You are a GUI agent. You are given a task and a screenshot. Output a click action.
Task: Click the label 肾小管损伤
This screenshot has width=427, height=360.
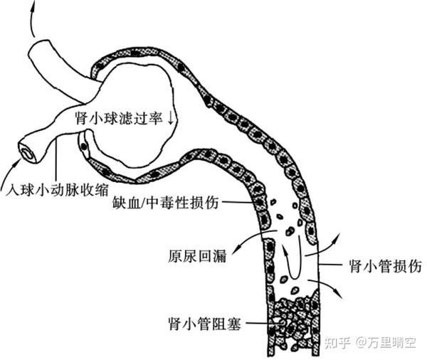pos(385,266)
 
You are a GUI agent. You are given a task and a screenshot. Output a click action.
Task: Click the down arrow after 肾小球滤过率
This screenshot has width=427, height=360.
pos(172,119)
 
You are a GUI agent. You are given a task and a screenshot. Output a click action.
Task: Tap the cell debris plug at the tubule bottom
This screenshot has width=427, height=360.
pos(294,324)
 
